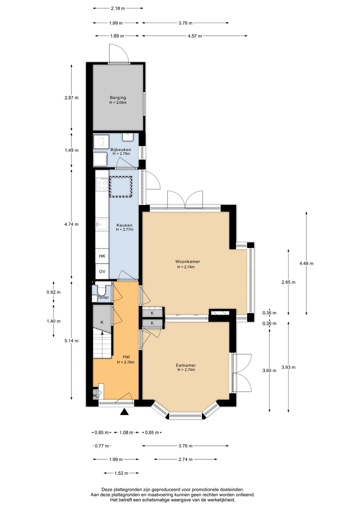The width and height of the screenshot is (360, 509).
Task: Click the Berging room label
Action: [x=118, y=98]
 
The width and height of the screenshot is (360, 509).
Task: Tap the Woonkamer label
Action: [x=187, y=261]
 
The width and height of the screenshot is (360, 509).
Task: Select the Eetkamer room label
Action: [x=186, y=365]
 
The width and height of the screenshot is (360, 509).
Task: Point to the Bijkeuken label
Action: [x=121, y=150]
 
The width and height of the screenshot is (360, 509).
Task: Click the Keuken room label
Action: [x=124, y=225]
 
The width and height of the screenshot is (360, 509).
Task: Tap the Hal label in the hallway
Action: [x=126, y=357]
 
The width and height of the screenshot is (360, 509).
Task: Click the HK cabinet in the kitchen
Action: [x=102, y=256]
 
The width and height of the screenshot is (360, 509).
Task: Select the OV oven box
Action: [x=102, y=271]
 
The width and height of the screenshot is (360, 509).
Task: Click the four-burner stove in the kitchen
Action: [x=102, y=185]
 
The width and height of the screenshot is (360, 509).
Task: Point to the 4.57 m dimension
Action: [x=195, y=36]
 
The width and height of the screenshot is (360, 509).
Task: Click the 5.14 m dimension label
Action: [x=71, y=341]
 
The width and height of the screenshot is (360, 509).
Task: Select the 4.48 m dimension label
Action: [x=306, y=263]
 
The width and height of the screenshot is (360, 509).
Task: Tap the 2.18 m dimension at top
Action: [x=118, y=8]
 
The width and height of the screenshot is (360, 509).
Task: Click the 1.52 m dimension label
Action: [x=121, y=473]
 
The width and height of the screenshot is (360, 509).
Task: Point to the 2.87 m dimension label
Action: [x=71, y=98]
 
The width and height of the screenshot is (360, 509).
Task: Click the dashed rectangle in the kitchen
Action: [x=121, y=186]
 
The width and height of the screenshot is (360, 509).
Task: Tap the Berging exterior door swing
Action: [x=119, y=53]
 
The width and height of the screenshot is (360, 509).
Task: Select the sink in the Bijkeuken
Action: [x=129, y=137]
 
